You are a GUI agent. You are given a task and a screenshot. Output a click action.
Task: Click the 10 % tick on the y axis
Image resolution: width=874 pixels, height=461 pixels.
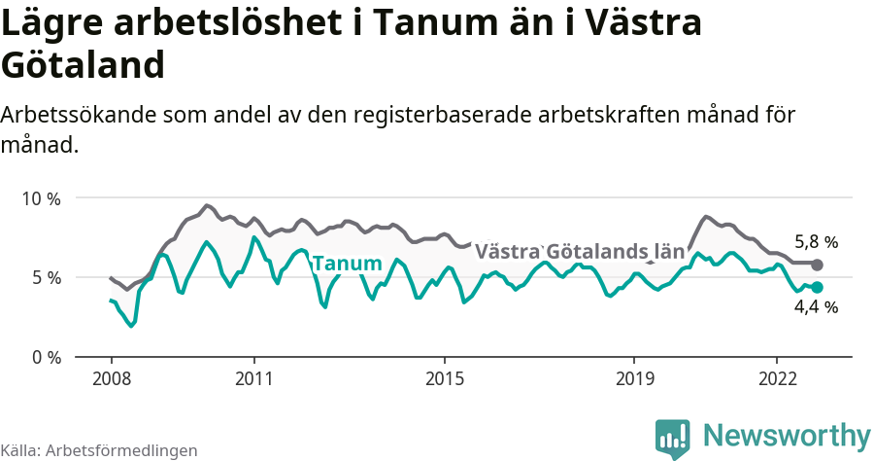(x=40, y=198)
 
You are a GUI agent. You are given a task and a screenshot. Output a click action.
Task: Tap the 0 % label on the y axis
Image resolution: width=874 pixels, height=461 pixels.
(x=45, y=357)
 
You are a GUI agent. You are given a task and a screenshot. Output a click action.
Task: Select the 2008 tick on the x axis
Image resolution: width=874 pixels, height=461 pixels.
(x=111, y=377)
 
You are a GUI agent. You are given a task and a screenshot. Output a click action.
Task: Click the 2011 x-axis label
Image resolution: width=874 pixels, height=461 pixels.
(x=253, y=377)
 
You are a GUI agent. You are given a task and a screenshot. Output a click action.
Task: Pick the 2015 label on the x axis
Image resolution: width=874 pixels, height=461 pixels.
(x=444, y=377)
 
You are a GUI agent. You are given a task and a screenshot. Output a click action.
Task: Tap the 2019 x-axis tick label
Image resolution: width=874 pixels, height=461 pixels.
(x=634, y=377)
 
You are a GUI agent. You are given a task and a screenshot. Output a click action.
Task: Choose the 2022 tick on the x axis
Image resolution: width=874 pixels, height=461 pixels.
(x=777, y=377)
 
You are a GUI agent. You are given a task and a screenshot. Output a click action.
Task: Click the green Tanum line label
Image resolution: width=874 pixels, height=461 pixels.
(x=347, y=264)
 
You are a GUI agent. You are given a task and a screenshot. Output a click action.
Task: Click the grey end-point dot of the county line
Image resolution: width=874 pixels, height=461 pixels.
(x=817, y=265)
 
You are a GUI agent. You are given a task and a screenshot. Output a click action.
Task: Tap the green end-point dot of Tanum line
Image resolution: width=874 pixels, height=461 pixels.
(x=817, y=287)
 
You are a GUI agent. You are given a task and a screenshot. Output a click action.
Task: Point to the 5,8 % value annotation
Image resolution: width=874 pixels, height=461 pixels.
(x=816, y=242)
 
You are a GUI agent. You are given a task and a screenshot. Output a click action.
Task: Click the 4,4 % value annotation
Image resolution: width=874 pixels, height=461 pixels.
(x=816, y=307)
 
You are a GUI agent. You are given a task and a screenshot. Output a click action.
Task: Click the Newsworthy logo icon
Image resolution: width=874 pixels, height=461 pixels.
(x=673, y=439)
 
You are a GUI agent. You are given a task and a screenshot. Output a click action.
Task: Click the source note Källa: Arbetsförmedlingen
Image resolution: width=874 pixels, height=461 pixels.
(x=99, y=450)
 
